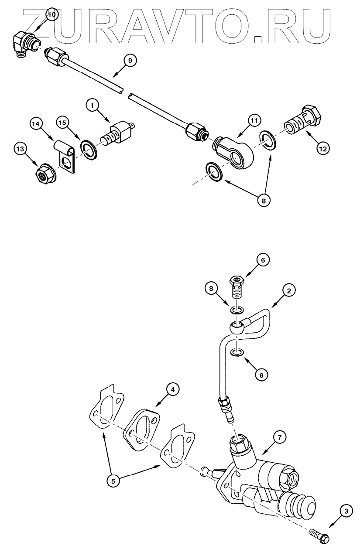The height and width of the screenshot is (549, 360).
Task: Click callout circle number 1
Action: (x=93, y=105)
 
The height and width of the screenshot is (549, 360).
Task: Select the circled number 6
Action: (x=263, y=260)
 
